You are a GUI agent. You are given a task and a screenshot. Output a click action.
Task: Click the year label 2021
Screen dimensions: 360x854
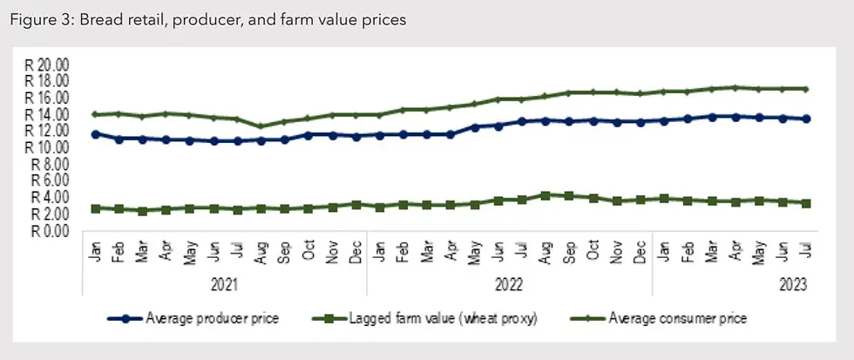[225, 284]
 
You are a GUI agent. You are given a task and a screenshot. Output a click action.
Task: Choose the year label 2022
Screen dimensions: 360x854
[510, 284]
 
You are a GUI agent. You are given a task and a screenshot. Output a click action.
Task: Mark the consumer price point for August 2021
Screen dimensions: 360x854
[261, 126]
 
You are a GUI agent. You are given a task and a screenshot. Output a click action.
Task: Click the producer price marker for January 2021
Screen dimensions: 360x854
[95, 134]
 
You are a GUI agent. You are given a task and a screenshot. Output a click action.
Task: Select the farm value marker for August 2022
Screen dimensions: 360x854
[546, 195]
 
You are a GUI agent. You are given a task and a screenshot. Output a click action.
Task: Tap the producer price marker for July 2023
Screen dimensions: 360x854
[806, 119]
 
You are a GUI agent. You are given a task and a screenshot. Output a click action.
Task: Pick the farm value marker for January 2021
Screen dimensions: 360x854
[95, 208]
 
